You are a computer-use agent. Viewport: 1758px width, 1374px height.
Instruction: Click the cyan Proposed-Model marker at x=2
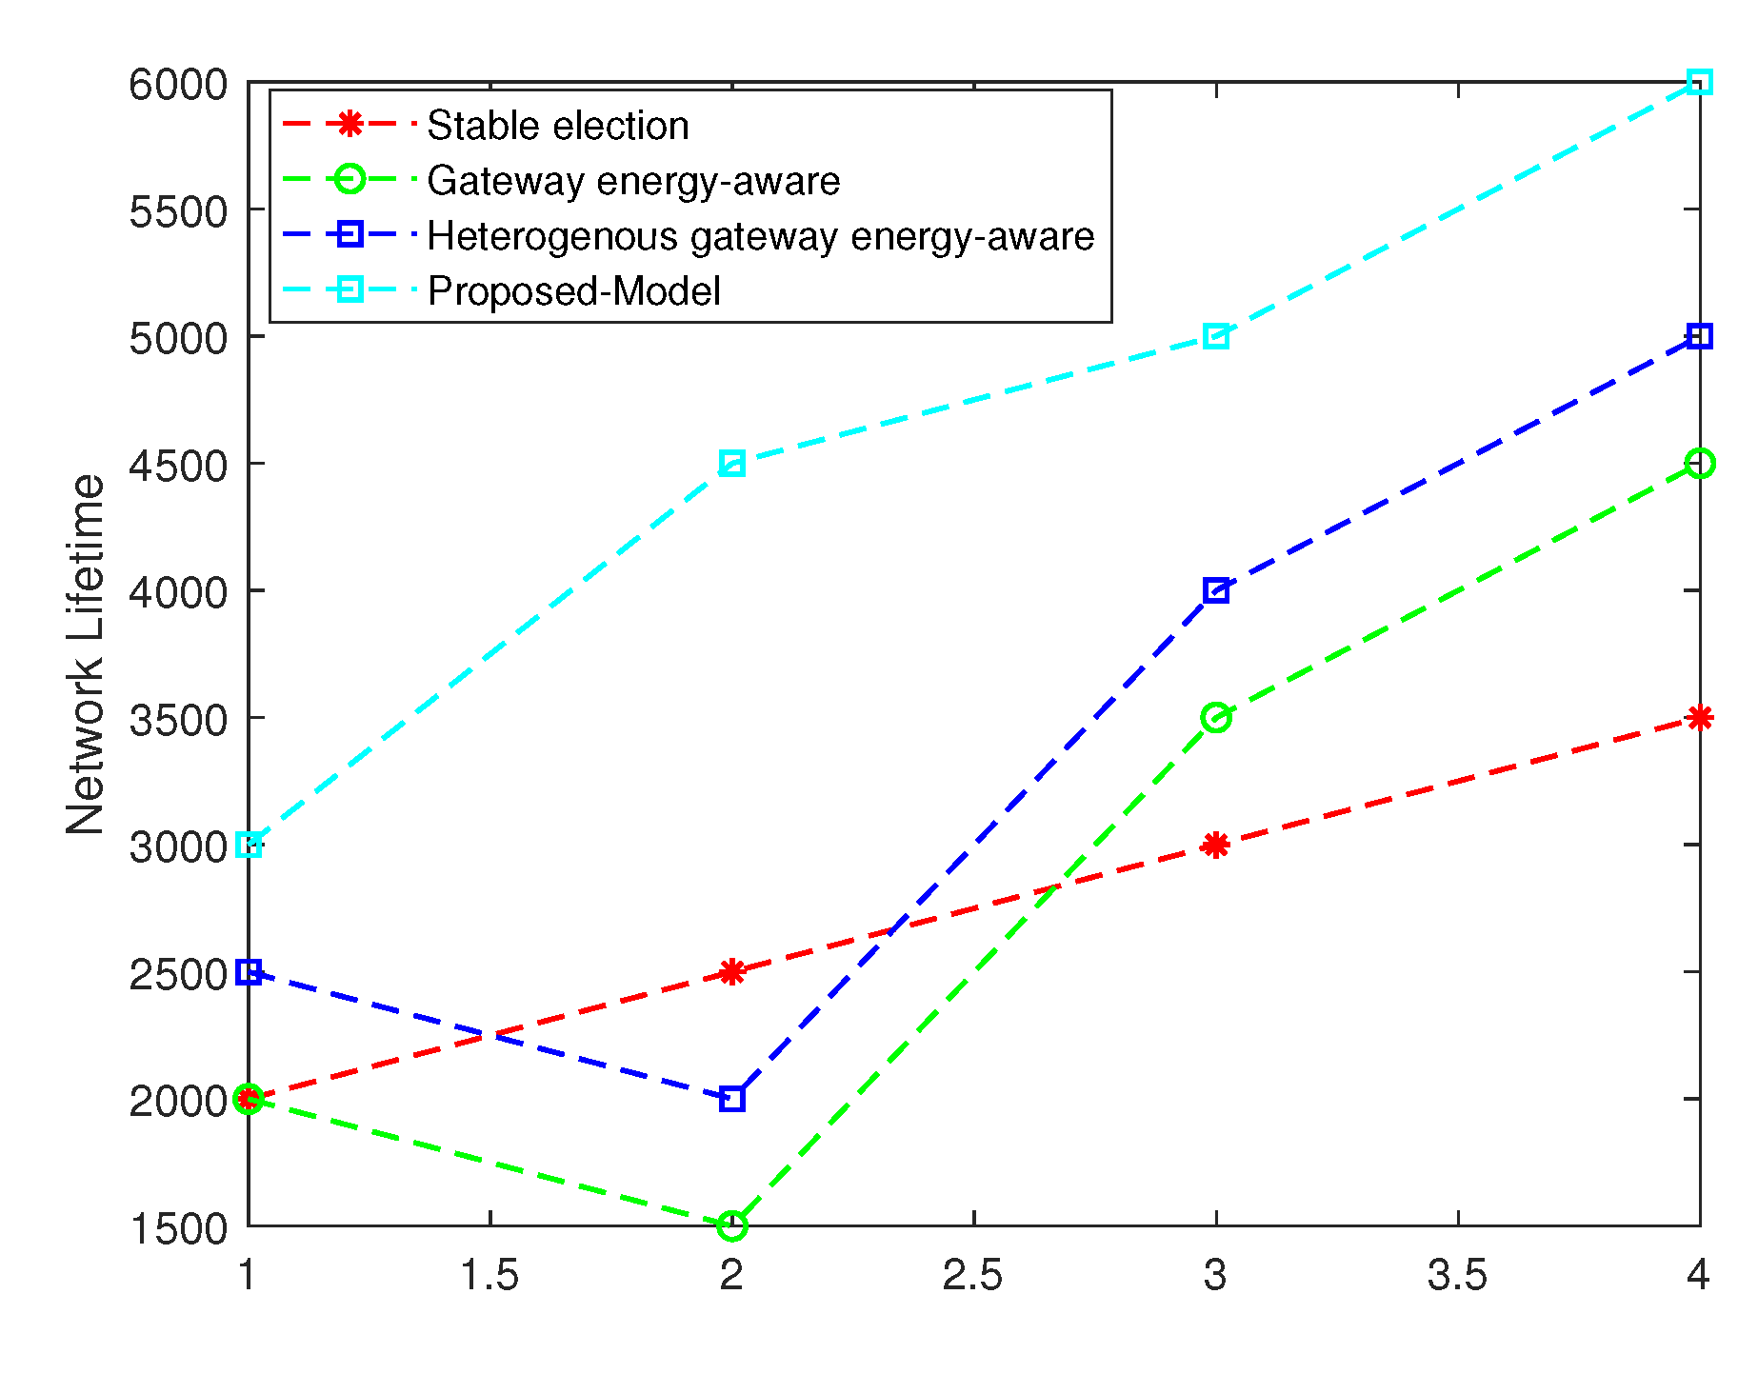click(731, 464)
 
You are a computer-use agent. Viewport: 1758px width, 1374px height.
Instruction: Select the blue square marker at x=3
click(1215, 590)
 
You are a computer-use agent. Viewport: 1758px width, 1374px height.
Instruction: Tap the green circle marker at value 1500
click(731, 1225)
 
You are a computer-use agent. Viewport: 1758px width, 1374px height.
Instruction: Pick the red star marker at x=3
click(1215, 845)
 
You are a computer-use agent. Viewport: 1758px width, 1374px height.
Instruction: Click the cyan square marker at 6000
click(1699, 82)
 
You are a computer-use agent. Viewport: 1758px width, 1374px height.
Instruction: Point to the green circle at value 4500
click(1699, 464)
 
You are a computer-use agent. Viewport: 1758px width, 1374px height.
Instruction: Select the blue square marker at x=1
click(249, 971)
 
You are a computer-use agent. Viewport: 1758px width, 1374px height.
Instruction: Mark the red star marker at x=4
click(1699, 718)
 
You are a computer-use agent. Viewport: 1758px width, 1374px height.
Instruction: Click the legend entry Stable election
click(557, 126)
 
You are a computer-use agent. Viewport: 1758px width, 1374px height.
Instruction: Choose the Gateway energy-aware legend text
click(633, 181)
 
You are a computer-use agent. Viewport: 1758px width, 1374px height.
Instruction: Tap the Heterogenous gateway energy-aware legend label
click(760, 236)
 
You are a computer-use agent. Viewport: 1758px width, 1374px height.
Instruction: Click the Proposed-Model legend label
click(574, 291)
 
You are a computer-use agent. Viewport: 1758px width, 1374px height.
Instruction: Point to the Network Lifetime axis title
click(86, 654)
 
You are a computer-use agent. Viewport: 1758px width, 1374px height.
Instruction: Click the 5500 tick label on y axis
click(178, 211)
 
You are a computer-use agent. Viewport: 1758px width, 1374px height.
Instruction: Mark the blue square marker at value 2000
click(731, 1099)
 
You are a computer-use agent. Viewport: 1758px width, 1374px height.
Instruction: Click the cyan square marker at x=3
click(1215, 336)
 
